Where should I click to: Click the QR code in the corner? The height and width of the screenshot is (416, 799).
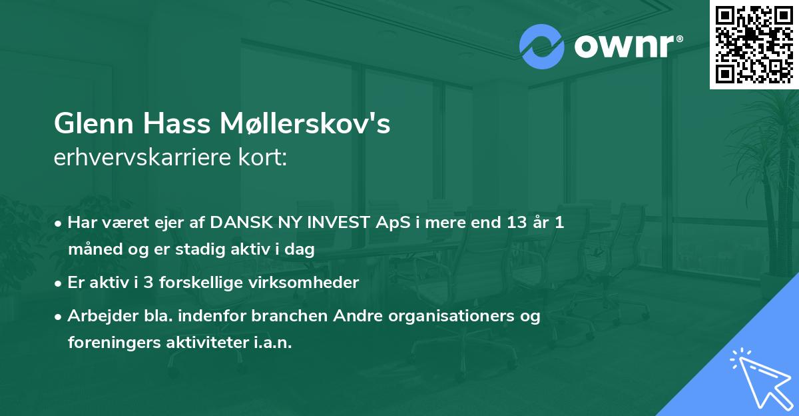754,44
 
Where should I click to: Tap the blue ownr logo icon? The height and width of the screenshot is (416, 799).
541,47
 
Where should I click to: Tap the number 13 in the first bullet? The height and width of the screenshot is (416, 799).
513,223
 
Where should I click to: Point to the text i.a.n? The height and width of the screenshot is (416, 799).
272,343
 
